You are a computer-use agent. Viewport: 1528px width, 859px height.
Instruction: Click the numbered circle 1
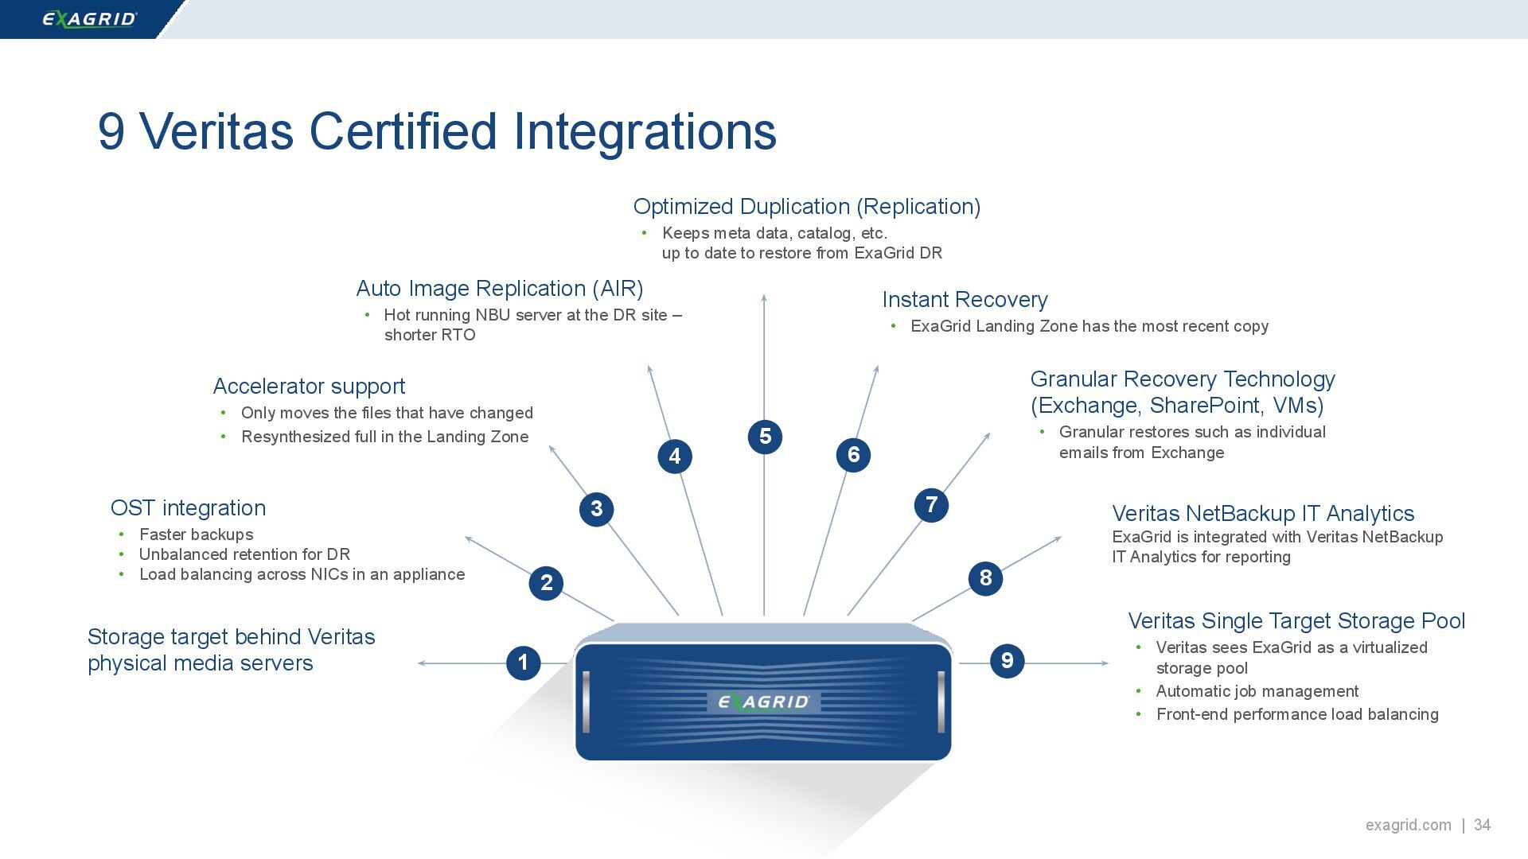click(x=523, y=663)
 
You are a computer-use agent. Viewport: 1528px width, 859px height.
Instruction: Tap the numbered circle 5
click(x=765, y=437)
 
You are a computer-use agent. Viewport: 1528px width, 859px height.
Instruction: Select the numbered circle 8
click(x=985, y=578)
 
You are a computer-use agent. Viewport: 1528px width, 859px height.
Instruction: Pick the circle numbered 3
click(x=596, y=509)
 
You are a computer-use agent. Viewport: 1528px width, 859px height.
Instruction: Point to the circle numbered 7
click(x=931, y=505)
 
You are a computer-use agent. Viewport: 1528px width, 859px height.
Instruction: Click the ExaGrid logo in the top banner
click(x=89, y=19)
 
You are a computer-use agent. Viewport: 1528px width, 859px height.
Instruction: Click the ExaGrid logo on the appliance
click(x=763, y=702)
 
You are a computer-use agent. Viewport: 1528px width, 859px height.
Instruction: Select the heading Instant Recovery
click(x=965, y=300)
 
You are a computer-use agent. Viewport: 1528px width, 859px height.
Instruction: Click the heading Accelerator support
click(x=309, y=387)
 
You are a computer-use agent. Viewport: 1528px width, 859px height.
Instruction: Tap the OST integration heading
click(x=188, y=508)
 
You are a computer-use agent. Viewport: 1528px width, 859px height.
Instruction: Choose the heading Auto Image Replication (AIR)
click(x=499, y=289)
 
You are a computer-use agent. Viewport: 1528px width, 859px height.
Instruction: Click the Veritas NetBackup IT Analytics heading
click(x=1263, y=514)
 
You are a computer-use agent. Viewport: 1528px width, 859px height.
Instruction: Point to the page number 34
click(x=1482, y=825)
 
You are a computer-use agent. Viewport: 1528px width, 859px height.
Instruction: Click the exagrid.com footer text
click(x=1408, y=825)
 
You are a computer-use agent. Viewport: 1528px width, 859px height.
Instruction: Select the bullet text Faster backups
click(x=196, y=534)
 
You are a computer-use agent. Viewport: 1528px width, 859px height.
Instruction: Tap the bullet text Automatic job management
click(x=1257, y=691)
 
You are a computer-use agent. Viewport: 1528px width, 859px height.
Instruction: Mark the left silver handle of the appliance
click(x=587, y=702)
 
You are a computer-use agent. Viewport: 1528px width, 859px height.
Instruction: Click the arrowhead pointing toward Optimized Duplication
click(x=764, y=298)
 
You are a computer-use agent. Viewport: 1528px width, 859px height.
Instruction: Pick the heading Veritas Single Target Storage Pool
click(x=1296, y=621)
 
